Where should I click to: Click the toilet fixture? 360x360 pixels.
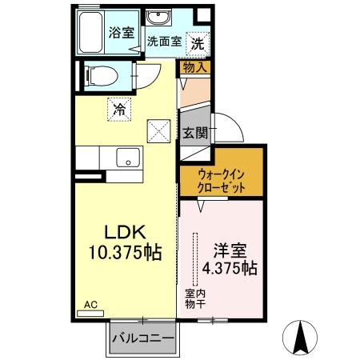point(98,77)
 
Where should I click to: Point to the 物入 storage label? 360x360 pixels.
point(194,68)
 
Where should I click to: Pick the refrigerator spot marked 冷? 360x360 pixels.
point(118,107)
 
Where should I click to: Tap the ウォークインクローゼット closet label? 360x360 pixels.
point(220,179)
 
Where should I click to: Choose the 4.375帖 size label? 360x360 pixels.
point(230,268)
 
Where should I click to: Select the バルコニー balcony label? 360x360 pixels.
point(143,338)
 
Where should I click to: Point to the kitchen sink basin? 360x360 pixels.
point(127,158)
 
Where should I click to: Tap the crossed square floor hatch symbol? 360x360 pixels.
point(159,130)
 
